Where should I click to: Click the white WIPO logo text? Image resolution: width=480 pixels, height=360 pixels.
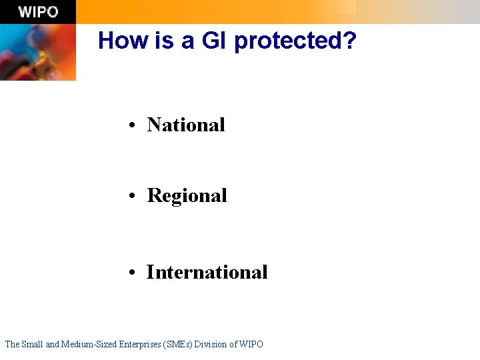38,12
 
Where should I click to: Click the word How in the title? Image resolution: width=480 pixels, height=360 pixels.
121,41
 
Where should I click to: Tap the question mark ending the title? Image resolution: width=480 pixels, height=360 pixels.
350,41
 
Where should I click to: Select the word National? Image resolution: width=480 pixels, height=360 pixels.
186,125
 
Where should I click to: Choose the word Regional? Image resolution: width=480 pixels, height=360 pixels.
187,196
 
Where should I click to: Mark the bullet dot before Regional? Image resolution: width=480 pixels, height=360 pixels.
134,197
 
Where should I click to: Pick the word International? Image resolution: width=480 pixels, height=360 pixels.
207,272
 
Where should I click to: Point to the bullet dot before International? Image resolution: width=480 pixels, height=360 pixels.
134,273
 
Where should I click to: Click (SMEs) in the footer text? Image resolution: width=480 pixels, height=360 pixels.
180,344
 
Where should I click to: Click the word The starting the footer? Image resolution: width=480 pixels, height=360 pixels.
12,344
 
